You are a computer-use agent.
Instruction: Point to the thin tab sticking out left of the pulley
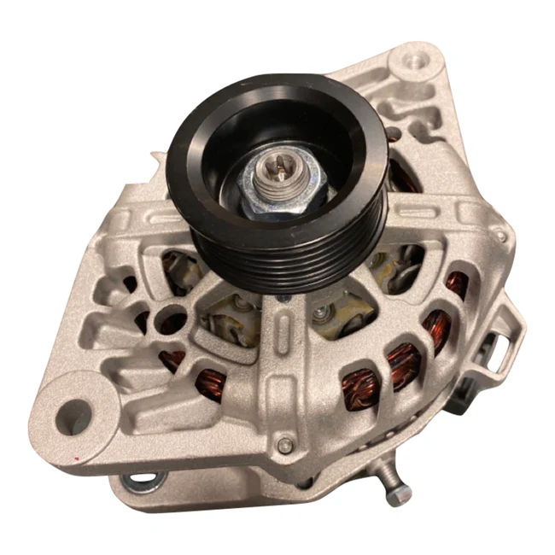(156, 156)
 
